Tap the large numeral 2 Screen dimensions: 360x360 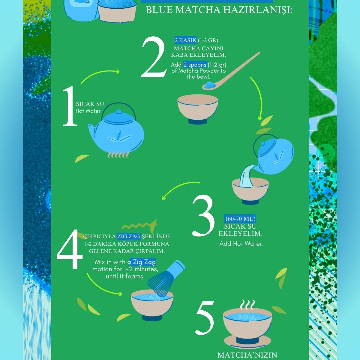tap(154, 57)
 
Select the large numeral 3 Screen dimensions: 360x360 tap(203, 216)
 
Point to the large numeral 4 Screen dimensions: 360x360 tap(70, 249)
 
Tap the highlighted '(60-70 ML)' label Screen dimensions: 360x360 tap(240, 219)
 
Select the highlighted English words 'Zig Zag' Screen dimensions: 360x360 tap(144, 262)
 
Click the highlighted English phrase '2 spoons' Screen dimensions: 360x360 tap(195, 64)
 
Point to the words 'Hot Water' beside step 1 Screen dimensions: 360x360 tap(88, 111)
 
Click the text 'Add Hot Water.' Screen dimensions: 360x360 tap(241, 244)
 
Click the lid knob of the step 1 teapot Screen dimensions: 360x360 tap(118, 112)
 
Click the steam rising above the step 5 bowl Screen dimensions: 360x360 tap(247, 305)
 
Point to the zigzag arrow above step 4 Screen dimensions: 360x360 tap(139, 226)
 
